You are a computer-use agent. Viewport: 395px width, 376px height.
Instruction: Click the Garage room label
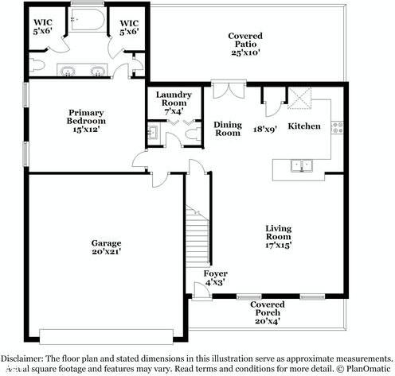coord(106,247)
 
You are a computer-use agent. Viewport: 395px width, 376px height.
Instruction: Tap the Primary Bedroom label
coord(86,121)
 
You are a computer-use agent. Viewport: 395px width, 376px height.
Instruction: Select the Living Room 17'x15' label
coord(279,237)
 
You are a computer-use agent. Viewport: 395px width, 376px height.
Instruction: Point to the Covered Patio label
coord(244,44)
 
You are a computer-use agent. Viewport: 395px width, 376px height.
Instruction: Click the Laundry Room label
coord(171,103)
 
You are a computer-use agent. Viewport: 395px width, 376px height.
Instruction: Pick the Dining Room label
coord(228,129)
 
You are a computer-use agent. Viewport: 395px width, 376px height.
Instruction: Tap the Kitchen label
coord(303,126)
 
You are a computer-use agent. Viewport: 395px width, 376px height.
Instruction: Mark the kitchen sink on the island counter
coord(301,166)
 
